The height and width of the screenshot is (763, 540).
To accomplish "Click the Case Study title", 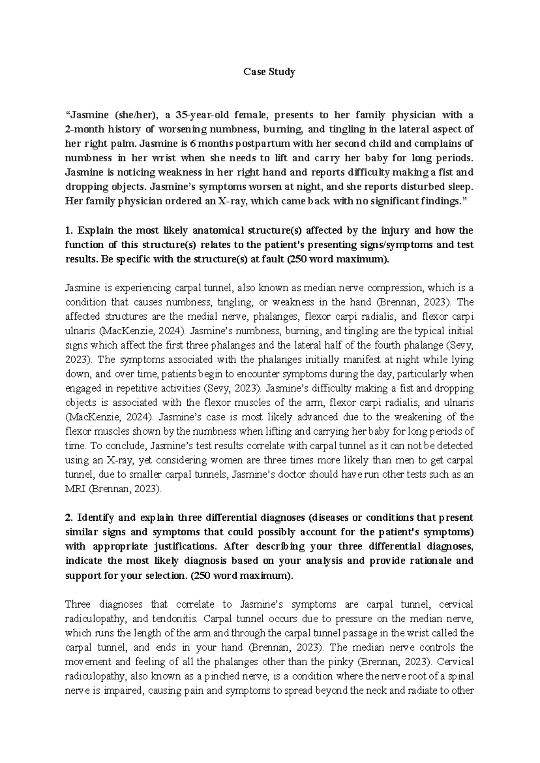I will [269, 72].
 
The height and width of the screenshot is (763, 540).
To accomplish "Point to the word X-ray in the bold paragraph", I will [231, 201].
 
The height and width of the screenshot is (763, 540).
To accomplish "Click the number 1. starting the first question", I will [69, 230].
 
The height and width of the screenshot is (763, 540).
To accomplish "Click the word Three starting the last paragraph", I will [81, 604].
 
